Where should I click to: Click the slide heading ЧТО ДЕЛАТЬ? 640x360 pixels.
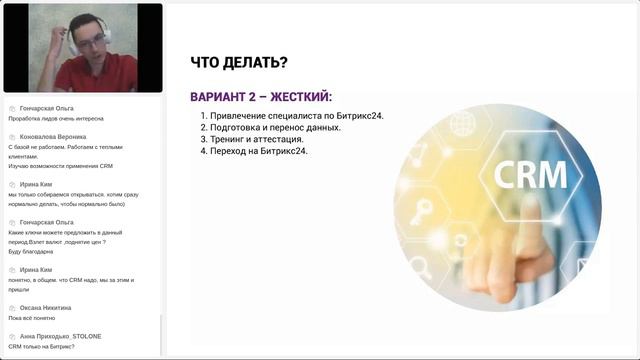239,64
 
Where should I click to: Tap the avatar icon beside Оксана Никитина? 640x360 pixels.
11,308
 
